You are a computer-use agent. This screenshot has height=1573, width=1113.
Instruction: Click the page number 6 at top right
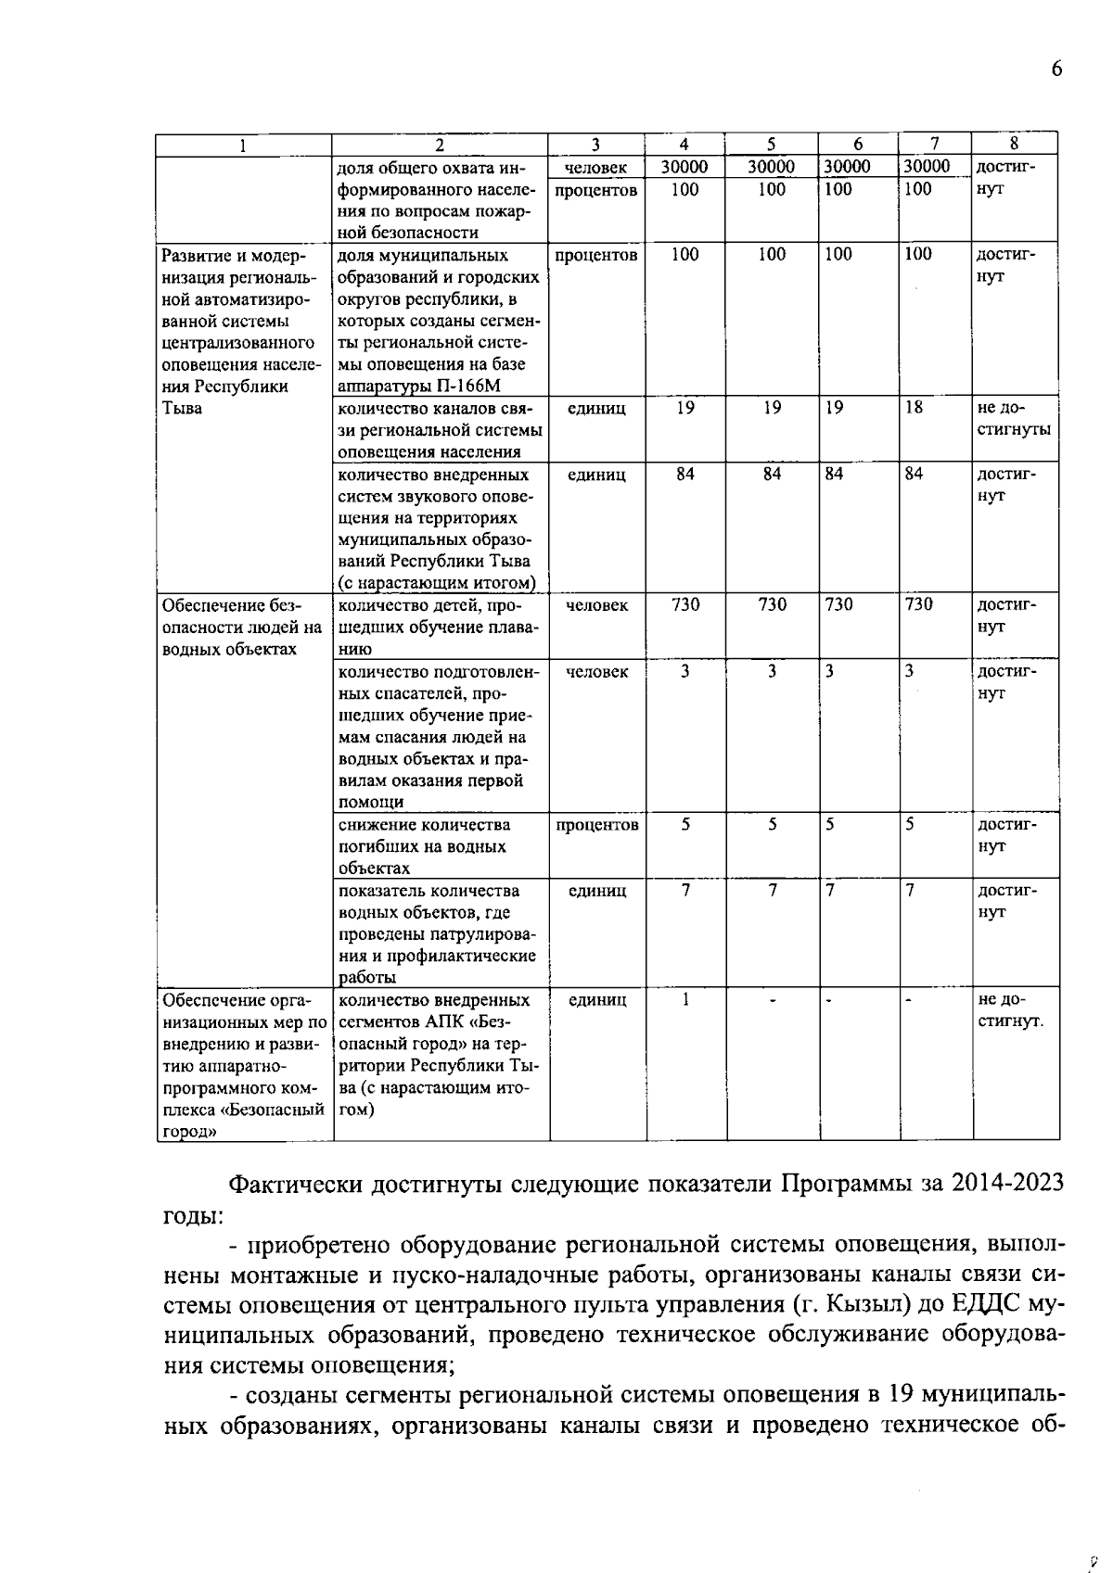(x=1055, y=70)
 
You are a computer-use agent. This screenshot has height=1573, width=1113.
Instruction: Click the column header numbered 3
(x=596, y=144)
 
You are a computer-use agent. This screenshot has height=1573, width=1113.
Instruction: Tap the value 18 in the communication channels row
(x=915, y=407)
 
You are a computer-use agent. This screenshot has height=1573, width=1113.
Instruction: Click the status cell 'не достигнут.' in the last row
(x=1010, y=1010)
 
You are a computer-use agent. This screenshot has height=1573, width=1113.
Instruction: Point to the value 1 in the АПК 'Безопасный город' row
(x=684, y=999)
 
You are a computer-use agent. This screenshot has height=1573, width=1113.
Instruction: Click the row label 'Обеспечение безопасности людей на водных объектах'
(x=241, y=627)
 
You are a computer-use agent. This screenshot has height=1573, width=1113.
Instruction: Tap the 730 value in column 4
(x=684, y=604)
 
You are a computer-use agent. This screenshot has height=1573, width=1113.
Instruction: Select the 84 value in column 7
(x=915, y=474)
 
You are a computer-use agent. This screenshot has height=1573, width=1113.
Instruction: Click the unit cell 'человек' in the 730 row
(x=596, y=605)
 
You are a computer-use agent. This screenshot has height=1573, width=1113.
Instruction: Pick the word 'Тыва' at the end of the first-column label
(x=182, y=409)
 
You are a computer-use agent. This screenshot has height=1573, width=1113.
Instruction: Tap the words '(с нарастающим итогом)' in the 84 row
(x=437, y=583)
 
